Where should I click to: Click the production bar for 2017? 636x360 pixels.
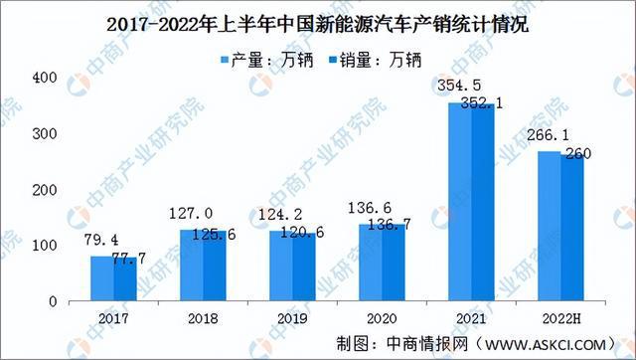tap(101, 278)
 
